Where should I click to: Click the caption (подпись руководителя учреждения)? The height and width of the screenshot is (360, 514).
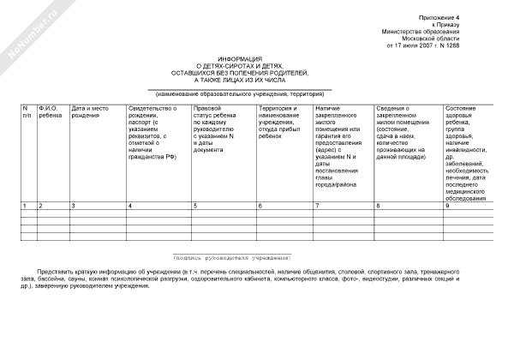(232, 258)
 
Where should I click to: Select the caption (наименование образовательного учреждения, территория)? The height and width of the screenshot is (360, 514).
(239, 93)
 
